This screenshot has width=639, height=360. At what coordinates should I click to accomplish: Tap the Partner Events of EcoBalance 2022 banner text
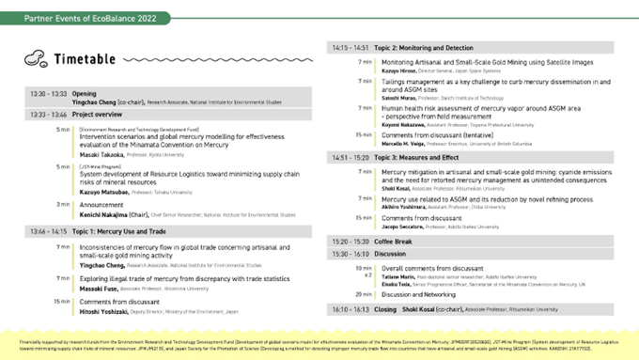click(x=77, y=18)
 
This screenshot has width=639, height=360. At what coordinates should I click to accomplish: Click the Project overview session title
click(x=99, y=114)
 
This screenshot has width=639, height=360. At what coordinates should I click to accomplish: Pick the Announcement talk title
click(x=103, y=204)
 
